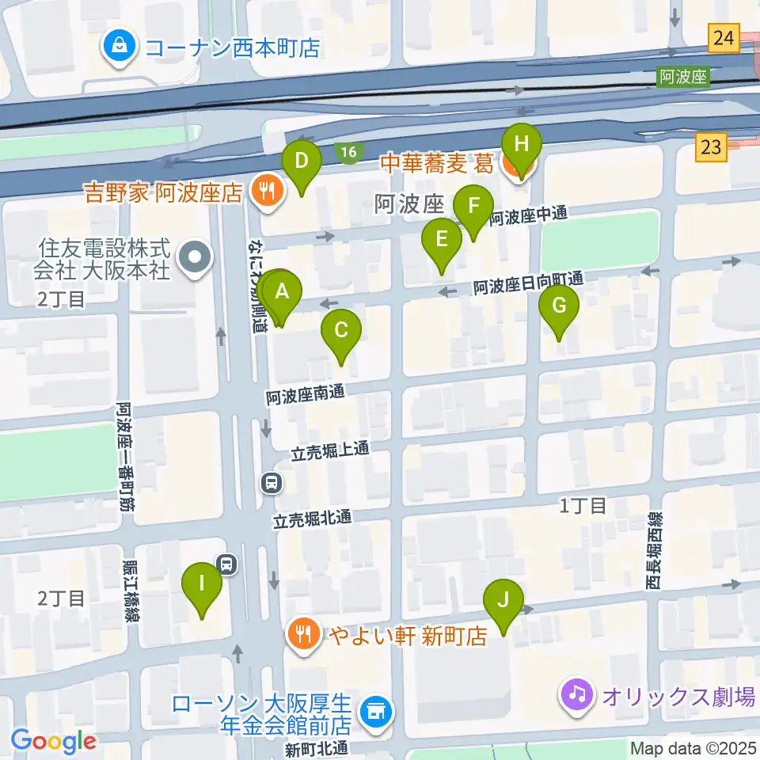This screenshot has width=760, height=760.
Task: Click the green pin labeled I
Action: [x=202, y=585]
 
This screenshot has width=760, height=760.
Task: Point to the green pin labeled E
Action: [x=442, y=240]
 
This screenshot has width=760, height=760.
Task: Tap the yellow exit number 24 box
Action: [x=724, y=38]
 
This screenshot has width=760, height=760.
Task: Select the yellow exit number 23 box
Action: [x=712, y=146]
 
